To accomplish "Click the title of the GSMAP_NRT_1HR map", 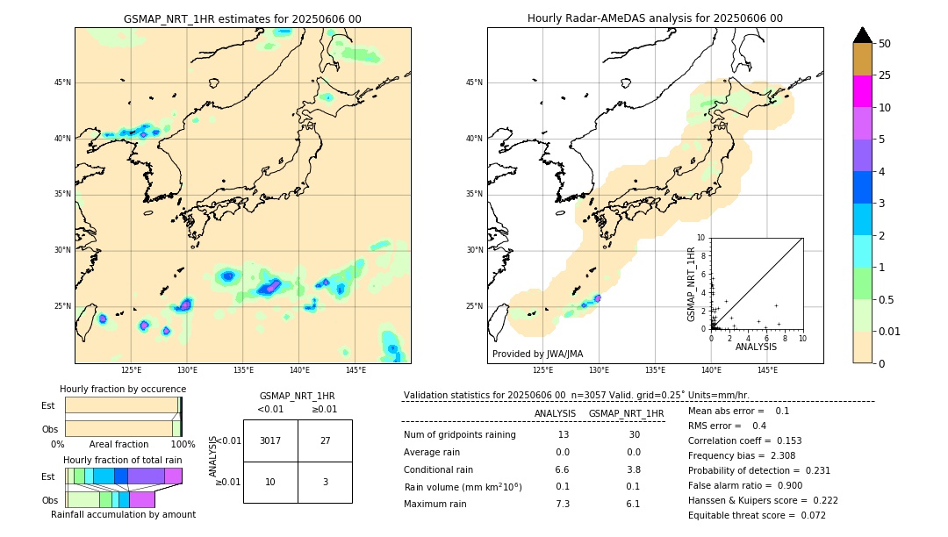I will (242, 19).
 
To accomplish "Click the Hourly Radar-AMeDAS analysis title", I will (655, 18).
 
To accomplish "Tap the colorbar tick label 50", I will (885, 43).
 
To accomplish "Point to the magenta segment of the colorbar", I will (862, 91).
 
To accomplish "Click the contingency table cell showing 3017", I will (270, 440).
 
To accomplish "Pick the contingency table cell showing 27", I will (325, 440).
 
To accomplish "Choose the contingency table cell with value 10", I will (270, 482).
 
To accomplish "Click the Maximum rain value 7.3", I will (563, 504).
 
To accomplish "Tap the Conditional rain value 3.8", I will (633, 469).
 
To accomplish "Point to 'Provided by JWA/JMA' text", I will (537, 354).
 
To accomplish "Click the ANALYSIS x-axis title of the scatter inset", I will (756, 347).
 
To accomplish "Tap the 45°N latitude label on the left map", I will (62, 82).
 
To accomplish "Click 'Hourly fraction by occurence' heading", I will (123, 389).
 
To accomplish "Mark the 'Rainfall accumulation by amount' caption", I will (123, 514).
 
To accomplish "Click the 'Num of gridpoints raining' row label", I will (460, 435).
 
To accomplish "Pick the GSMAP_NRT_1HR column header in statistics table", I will (626, 413).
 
